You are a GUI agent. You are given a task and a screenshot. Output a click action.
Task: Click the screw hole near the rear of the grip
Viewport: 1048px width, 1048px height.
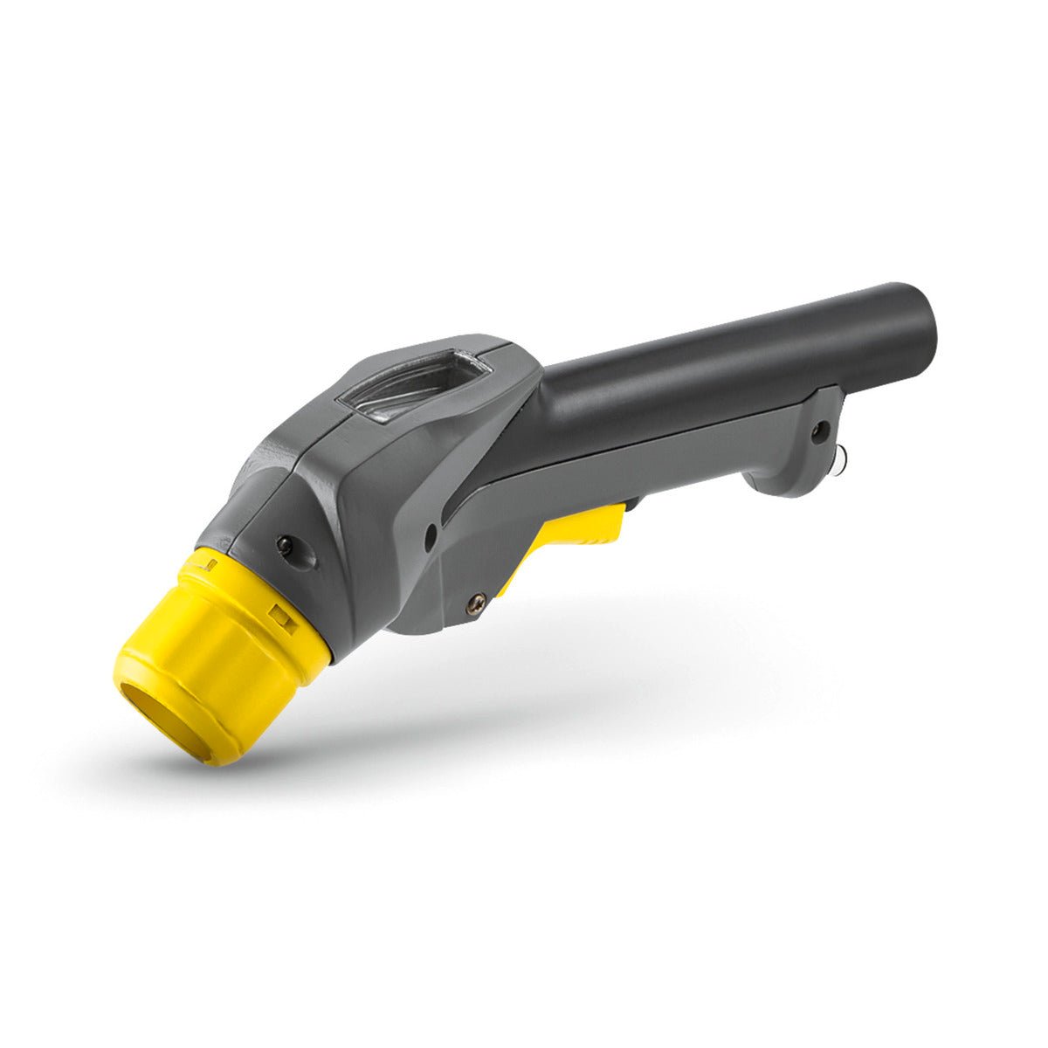pyautogui.click(x=819, y=429)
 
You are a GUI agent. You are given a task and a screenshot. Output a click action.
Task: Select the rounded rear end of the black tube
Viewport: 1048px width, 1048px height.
pyautogui.click(x=921, y=314)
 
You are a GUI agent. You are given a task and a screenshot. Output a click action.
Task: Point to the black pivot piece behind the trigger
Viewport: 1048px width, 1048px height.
pyautogui.click(x=631, y=504)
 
